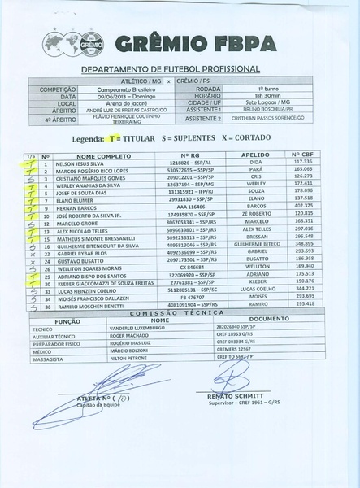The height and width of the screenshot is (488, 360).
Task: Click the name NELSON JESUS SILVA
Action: (82, 162)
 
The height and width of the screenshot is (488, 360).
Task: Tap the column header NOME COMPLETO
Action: (85, 154)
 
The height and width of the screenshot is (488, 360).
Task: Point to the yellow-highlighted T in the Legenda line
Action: (108, 139)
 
